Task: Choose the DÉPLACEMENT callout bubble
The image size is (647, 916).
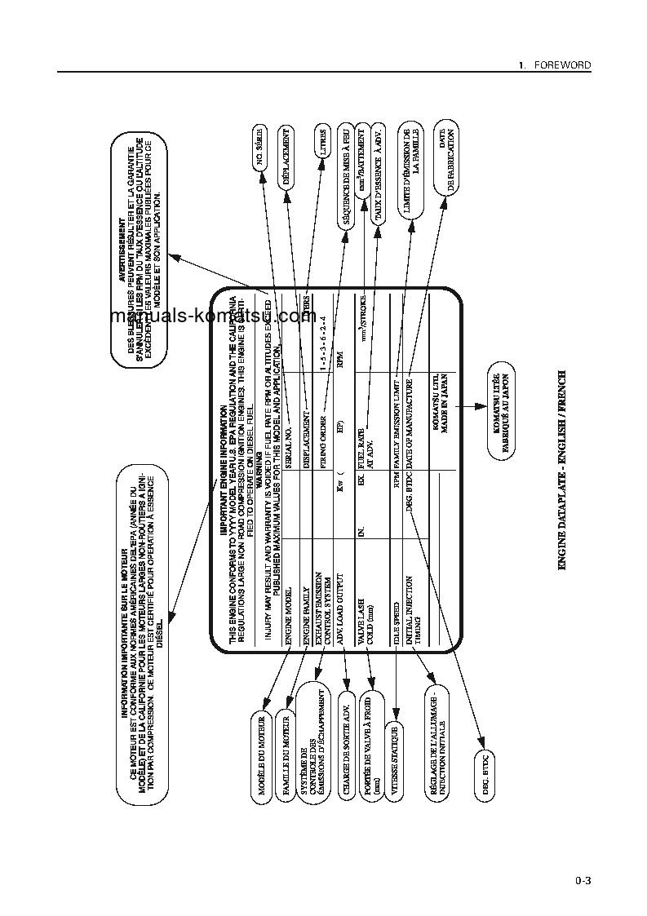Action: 288,157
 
